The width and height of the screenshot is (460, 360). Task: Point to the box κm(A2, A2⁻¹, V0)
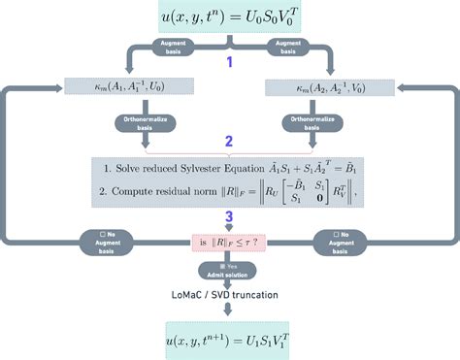click(x=339, y=86)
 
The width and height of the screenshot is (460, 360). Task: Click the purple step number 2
click(x=229, y=142)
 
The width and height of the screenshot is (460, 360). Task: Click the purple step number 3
click(x=229, y=218)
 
